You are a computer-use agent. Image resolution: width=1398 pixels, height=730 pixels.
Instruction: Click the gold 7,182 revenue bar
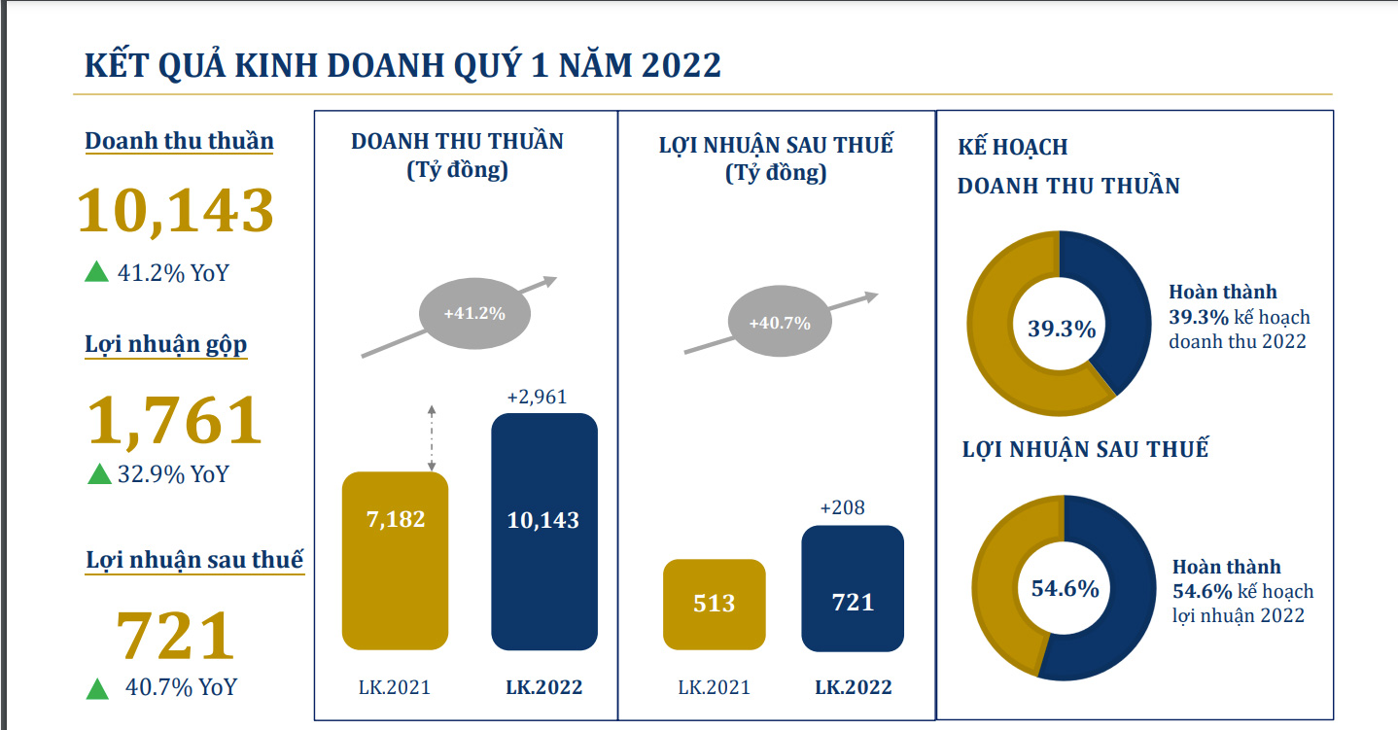point(395,560)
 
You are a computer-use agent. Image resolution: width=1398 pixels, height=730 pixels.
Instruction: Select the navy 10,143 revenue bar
point(543,531)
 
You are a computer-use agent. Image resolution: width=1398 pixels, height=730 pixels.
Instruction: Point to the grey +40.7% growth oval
point(780,323)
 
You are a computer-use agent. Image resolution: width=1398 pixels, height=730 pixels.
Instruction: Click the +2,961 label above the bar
point(537,397)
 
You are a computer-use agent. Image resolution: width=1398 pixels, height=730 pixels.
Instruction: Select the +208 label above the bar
point(842,507)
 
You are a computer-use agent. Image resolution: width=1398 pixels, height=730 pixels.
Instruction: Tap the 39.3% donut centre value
point(1062,329)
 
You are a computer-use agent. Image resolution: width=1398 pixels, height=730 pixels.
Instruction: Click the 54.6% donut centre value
point(1065,588)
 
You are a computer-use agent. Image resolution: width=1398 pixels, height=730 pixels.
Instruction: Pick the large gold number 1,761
point(175,420)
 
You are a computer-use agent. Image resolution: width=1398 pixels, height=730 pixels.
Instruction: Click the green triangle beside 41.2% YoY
point(96,271)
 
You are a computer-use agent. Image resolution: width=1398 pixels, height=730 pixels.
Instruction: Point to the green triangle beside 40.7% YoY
point(97,688)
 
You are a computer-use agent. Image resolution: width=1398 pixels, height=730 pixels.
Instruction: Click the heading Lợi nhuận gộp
point(166,344)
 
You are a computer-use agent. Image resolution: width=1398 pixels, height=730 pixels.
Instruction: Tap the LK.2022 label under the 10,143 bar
point(543,687)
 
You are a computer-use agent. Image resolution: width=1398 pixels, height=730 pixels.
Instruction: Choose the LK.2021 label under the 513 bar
point(714,687)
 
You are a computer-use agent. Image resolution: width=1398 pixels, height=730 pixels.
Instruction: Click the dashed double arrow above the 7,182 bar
point(432,436)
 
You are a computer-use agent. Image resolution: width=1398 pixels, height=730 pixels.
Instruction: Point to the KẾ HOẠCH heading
point(1012,147)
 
